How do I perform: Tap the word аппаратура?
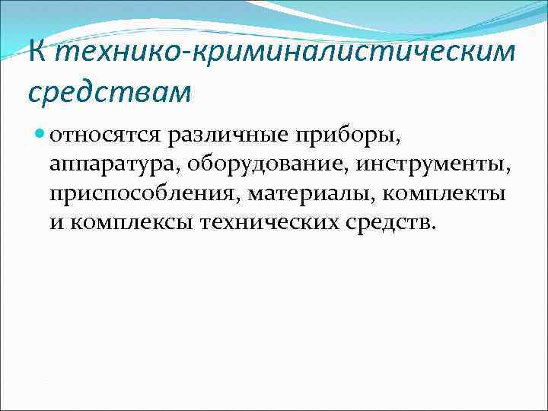click(x=111, y=165)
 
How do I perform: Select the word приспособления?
click(x=145, y=193)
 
